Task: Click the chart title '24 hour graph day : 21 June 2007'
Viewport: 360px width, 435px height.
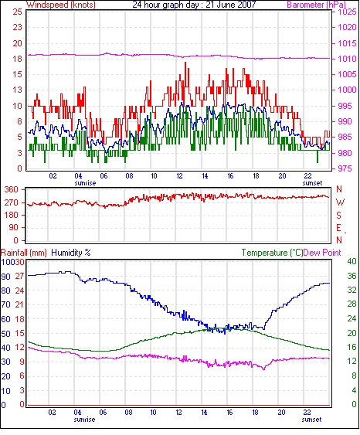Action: click(x=194, y=5)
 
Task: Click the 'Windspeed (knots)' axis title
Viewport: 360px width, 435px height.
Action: click(x=61, y=5)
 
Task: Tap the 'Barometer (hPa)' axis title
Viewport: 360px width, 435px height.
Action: click(x=317, y=5)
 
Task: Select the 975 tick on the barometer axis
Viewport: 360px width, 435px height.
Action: click(x=345, y=168)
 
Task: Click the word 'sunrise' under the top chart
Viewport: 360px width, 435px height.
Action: click(x=85, y=183)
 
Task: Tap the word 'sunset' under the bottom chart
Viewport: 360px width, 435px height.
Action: click(x=311, y=420)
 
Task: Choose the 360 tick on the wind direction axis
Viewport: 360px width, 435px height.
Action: click(x=12, y=190)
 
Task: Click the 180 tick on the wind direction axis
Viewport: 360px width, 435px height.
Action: click(x=12, y=215)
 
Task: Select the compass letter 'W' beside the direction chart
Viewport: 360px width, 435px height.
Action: click(x=340, y=202)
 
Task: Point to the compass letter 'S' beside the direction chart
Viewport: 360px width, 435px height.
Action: click(x=339, y=215)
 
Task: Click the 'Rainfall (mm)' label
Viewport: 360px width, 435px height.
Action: click(x=24, y=253)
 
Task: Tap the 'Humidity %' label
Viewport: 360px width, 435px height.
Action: click(x=71, y=253)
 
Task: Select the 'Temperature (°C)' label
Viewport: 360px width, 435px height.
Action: click(x=272, y=253)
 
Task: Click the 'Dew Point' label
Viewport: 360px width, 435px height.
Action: click(x=322, y=253)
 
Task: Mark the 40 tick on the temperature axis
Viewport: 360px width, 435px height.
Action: click(x=352, y=261)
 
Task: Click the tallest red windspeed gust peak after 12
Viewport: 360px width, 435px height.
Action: click(x=185, y=63)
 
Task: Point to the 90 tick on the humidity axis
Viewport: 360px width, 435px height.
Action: click(x=5, y=277)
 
